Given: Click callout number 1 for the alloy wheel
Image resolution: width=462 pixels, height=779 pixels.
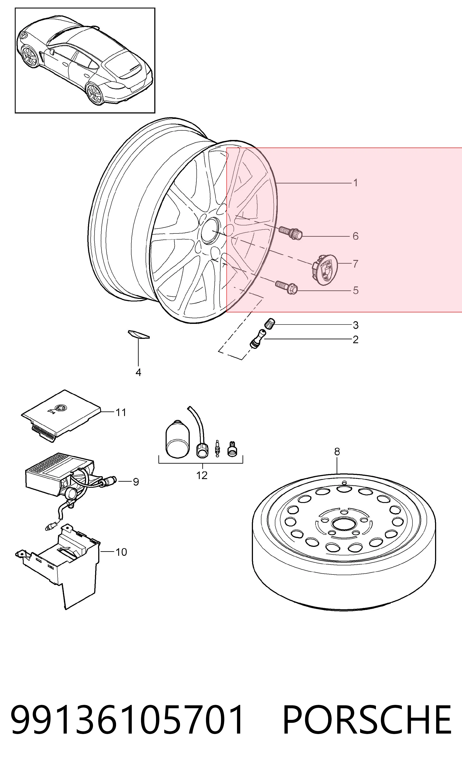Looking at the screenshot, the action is coord(356,183).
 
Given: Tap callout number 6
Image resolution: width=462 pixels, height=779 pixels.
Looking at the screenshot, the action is coord(356,236).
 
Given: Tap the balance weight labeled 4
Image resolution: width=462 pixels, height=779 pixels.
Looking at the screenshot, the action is coord(139,334).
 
